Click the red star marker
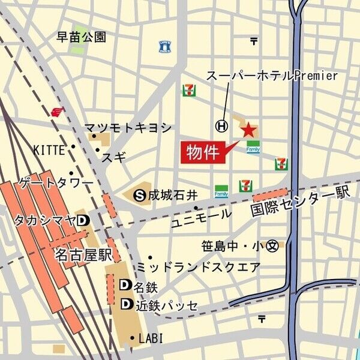tap(248, 129)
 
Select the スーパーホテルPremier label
tap(272, 76)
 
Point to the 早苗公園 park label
tap(82, 37)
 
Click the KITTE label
tap(49, 149)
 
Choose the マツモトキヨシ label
tap(128, 128)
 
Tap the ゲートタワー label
tap(56, 182)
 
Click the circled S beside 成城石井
tap(140, 194)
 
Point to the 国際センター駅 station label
tap(300, 202)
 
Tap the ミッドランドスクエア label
tap(199, 267)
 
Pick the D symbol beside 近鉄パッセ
tap(126, 304)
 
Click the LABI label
tap(151, 338)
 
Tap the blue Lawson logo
tap(164, 46)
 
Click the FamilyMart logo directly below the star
tap(253, 147)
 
